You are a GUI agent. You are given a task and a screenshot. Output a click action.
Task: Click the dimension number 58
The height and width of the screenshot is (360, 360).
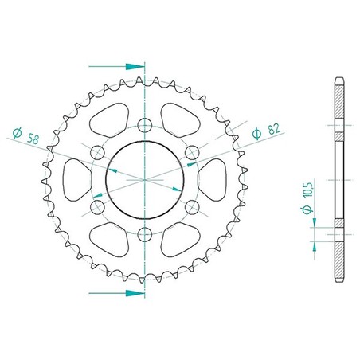(x=33, y=139)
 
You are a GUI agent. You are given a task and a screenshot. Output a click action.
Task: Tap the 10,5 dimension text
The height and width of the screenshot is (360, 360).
(x=308, y=189)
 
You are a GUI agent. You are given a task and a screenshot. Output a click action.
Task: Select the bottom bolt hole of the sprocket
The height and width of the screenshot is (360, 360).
(x=145, y=234)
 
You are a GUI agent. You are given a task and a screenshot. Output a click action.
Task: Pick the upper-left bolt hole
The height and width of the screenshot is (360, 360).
(x=98, y=152)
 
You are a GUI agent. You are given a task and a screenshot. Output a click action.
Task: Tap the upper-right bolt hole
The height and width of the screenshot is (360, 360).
(x=192, y=152)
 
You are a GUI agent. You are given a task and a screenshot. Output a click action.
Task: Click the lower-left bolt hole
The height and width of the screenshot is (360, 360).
(x=98, y=207)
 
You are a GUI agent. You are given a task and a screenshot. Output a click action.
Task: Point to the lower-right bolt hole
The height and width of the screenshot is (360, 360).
(x=192, y=207)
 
